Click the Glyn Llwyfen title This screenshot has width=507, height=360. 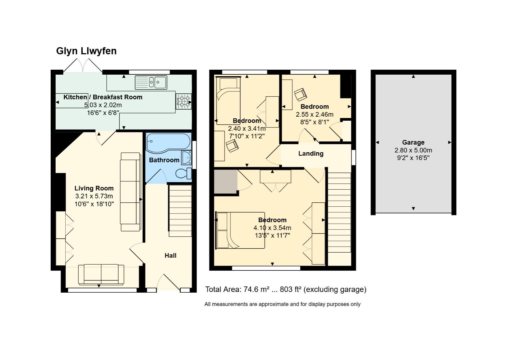(86, 51)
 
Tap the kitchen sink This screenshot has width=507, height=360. (151, 82)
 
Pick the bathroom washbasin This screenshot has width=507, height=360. (187, 157)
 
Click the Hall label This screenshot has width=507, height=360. (170, 256)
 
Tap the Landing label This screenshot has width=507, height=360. (310, 154)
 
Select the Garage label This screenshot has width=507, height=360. (413, 142)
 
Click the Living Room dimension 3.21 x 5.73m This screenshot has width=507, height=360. (94, 196)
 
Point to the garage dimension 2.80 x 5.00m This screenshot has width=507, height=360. (413, 150)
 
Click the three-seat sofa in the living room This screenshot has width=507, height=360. (130, 192)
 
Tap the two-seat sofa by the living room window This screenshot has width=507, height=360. (101, 274)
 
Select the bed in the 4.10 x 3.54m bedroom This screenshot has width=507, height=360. (240, 230)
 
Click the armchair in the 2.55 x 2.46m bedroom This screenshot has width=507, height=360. (300, 94)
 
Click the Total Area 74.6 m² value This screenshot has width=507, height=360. (256, 289)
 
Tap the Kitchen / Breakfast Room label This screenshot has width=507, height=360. (103, 97)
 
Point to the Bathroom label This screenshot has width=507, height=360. (164, 160)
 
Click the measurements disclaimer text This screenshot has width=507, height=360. (282, 304)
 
